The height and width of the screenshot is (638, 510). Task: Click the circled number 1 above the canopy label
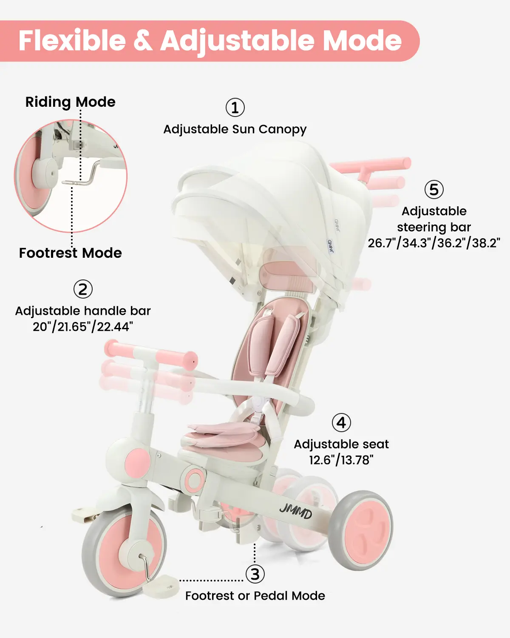pos(235,108)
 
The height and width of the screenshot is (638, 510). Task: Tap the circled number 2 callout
pos(83,289)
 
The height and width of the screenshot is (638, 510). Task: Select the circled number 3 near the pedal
pos(255,574)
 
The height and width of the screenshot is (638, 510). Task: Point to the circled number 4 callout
pos(341,423)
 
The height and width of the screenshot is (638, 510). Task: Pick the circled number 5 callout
pos(434,189)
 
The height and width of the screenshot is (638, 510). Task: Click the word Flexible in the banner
pos(72,40)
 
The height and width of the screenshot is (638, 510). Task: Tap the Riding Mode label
pos(70,102)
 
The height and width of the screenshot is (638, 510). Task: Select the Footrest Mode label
pos(70,253)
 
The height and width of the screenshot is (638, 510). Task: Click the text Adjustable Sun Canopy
pos(235,130)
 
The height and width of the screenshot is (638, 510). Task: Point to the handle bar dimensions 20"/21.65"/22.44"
pos(83,327)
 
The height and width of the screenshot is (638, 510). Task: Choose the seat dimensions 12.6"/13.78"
pos(341,460)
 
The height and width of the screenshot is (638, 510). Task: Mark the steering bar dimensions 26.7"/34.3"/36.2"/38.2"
pos(434,243)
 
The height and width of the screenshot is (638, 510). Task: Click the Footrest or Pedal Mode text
pos(255,595)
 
